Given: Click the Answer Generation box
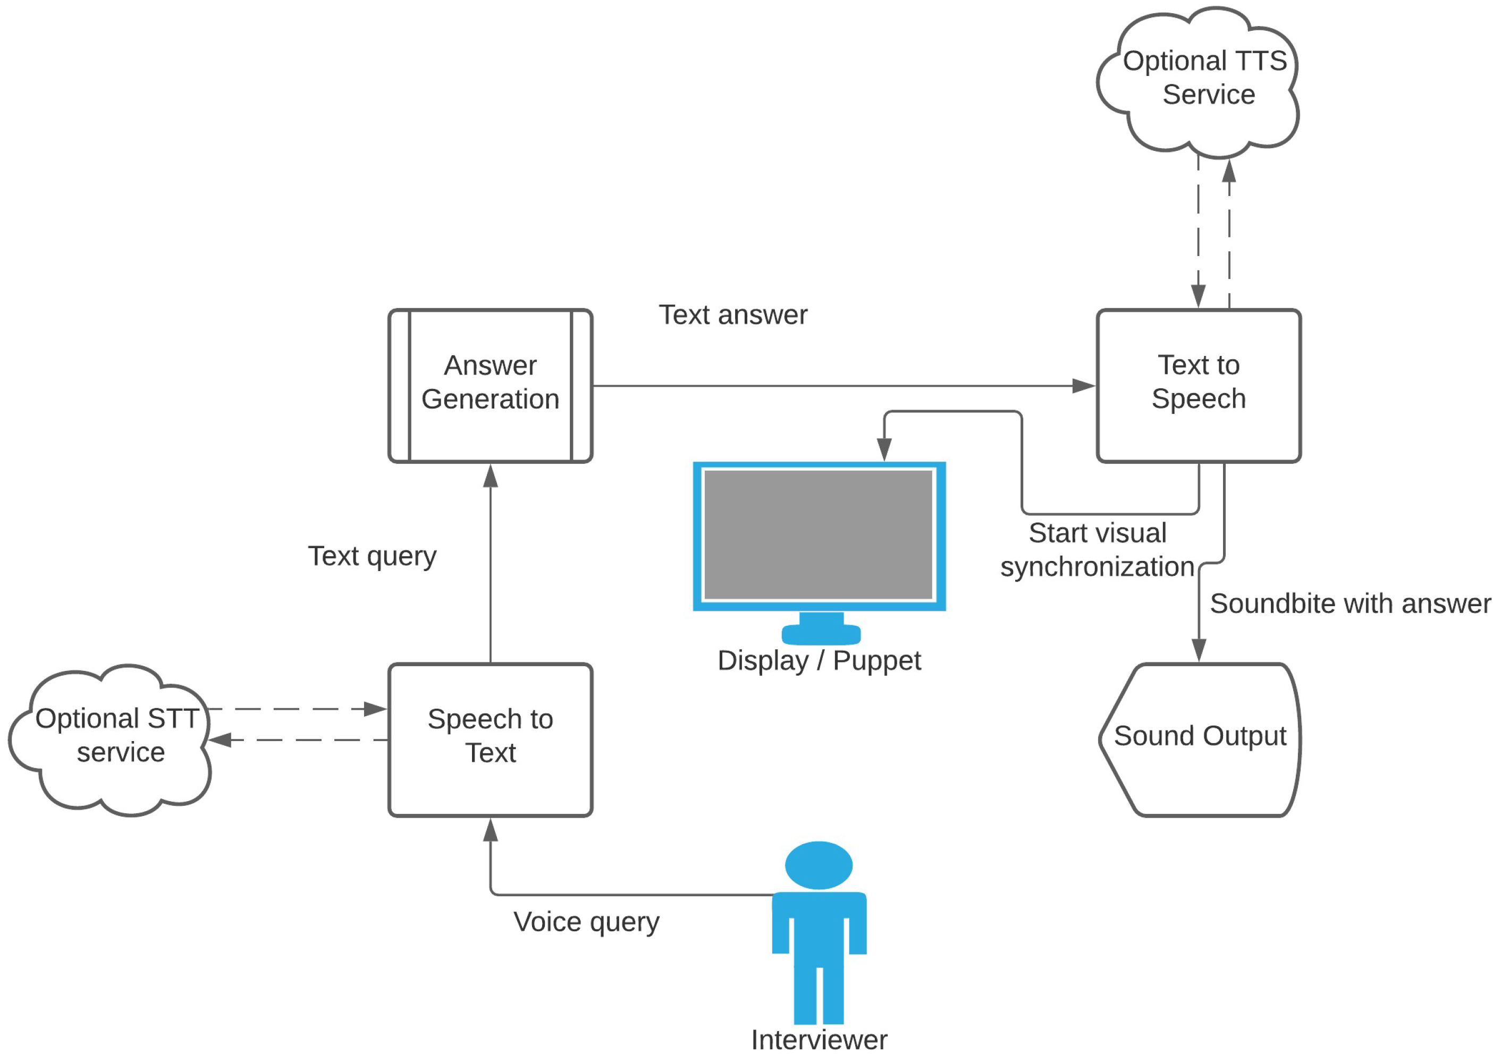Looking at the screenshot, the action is pos(491,386).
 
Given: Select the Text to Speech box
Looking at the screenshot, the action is pos(1199,386).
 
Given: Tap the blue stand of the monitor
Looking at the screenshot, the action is pos(821,629).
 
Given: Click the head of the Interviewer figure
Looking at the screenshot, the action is pos(819,865).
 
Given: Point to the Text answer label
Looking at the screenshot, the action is pos(733,315).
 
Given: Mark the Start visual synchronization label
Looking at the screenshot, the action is pos(1098,550).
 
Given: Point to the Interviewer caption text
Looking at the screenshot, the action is pos(819,1040).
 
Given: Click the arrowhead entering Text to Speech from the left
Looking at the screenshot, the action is pos(1084,386).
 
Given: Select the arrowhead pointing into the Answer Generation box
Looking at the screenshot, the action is pos(491,476).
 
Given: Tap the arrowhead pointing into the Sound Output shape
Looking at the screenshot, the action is pos(1199,651).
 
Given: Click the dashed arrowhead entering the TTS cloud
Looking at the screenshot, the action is pos(1229,172).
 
